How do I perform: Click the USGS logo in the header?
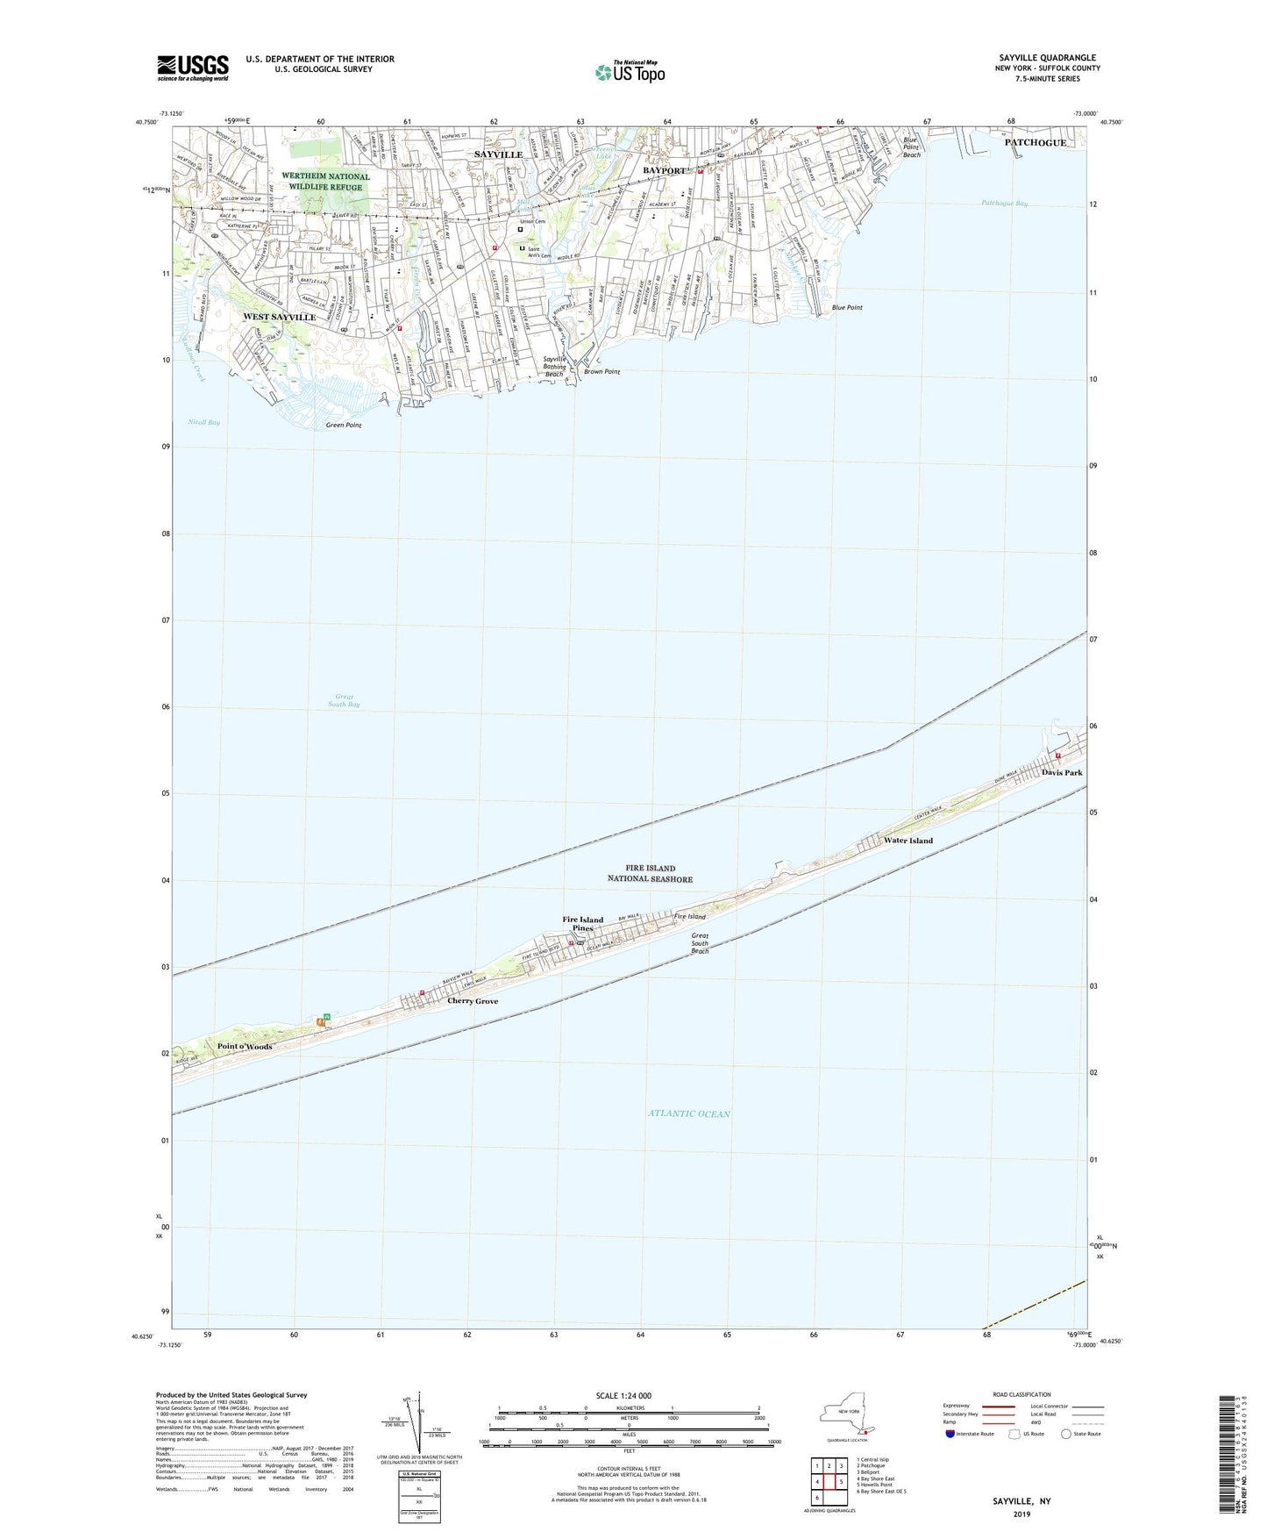[193, 68]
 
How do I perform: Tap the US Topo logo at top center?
[630, 72]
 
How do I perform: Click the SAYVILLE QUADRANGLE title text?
[1047, 58]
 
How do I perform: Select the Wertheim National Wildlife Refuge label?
[325, 182]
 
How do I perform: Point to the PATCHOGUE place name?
[1036, 143]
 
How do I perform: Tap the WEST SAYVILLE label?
[279, 317]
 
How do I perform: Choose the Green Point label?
[344, 426]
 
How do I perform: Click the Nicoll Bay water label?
[204, 422]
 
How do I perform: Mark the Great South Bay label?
[344, 700]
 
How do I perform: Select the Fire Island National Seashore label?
[650, 873]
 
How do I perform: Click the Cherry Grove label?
[473, 1001]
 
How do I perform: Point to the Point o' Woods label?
[245, 1047]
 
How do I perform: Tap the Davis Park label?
[1062, 773]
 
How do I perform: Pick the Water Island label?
[908, 841]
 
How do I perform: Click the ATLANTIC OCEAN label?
[689, 1113]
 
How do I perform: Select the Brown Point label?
[601, 372]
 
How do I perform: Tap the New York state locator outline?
[845, 1414]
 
